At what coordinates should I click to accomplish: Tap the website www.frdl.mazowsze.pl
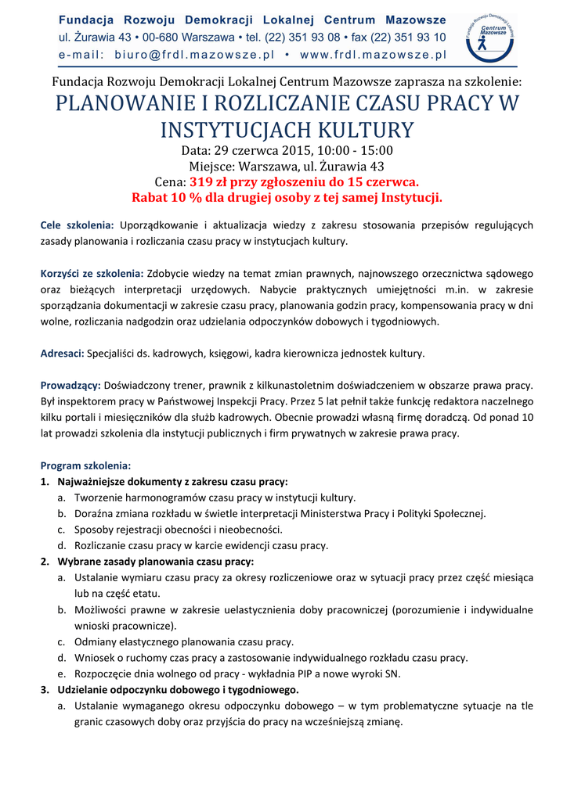point(373,55)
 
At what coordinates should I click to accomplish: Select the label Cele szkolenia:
point(78,225)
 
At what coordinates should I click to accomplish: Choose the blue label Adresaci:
point(62,354)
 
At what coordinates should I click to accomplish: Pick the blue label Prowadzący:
point(70,386)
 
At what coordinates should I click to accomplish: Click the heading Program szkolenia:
point(86,465)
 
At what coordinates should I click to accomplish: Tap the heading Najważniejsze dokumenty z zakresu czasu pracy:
point(172,482)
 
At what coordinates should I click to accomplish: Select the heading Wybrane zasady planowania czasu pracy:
point(156,562)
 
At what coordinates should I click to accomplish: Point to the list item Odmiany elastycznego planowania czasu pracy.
point(184,642)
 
